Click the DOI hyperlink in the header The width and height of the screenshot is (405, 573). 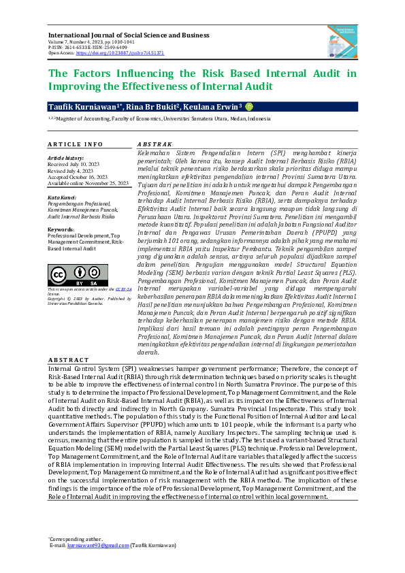(120, 52)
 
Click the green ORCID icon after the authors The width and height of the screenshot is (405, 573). (249, 107)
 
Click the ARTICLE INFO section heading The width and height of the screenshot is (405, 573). (76, 145)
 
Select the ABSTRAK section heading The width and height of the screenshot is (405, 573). (155, 145)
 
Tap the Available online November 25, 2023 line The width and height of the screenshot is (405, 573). (88, 183)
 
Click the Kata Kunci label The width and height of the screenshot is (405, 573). (62, 197)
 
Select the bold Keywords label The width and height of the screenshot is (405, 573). (61, 229)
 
